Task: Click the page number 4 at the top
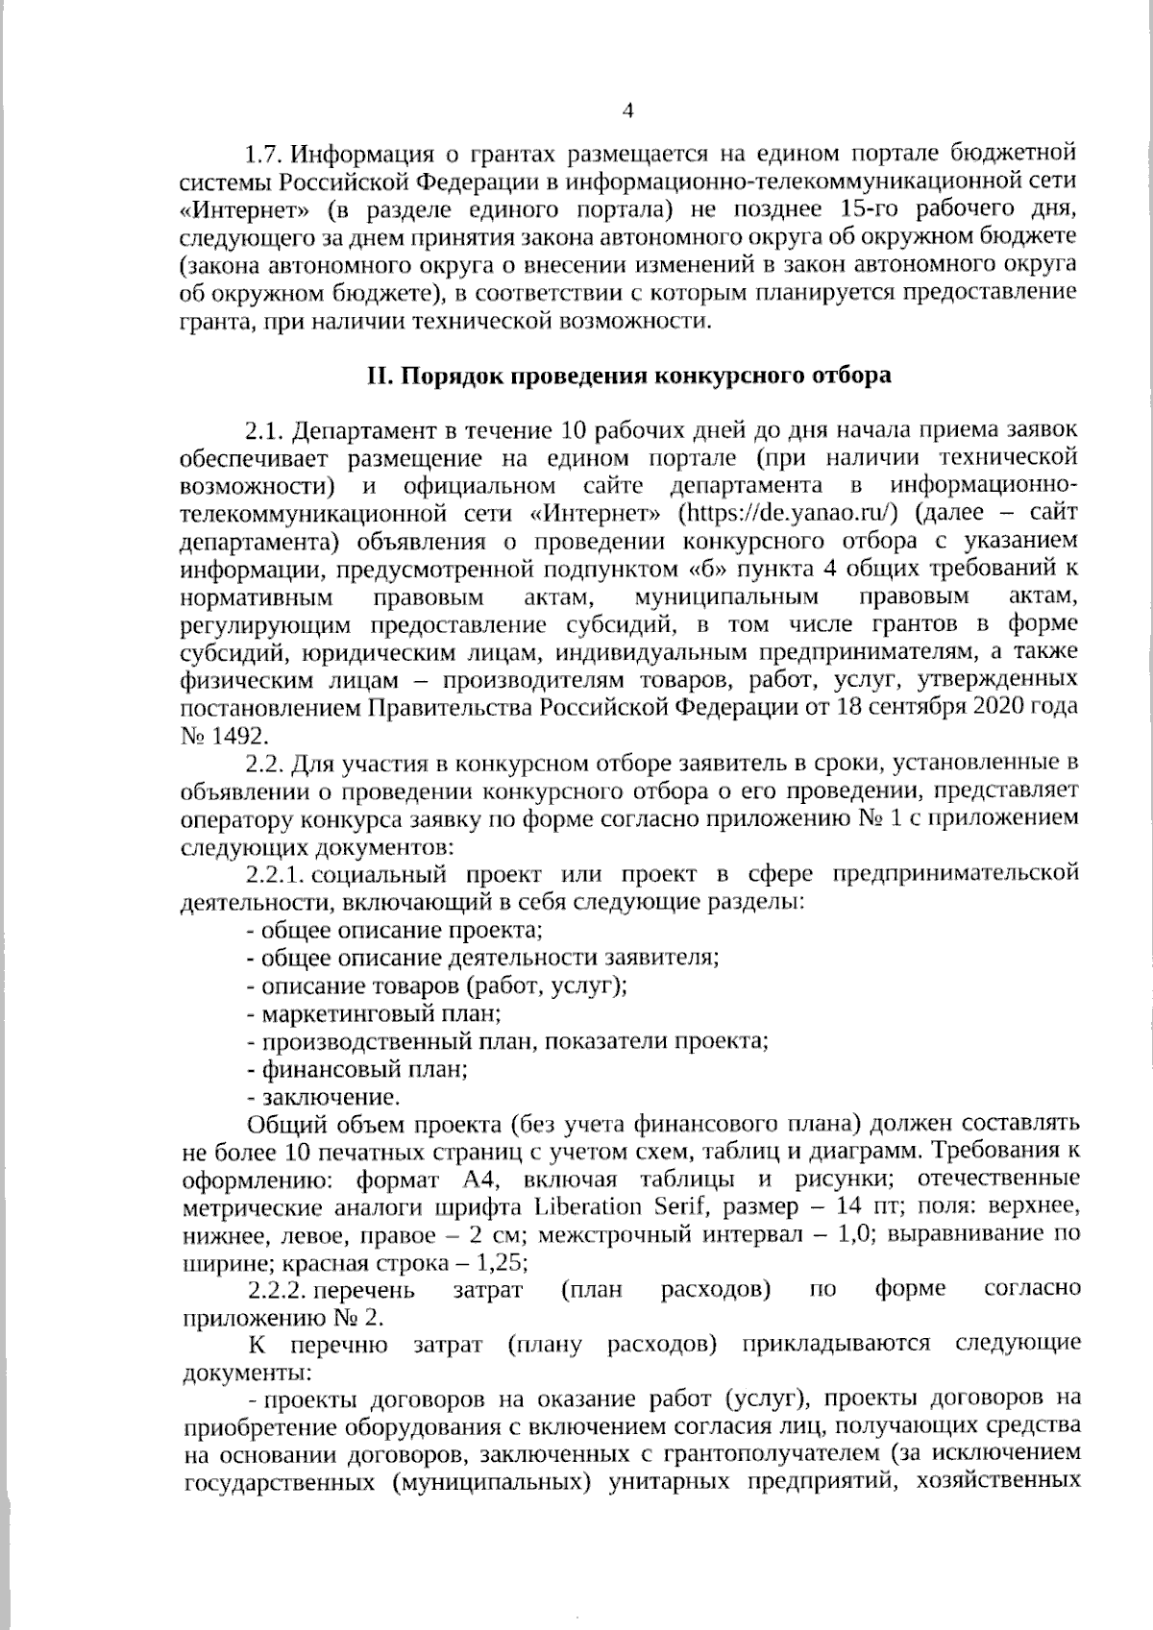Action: coord(629,110)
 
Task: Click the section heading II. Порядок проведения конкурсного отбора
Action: coord(629,376)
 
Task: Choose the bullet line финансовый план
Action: coord(358,1068)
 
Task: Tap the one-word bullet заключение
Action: coord(325,1096)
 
